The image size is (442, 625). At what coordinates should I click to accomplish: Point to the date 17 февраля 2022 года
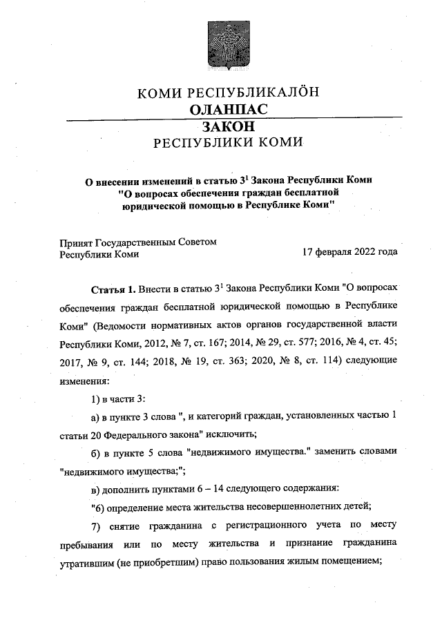point(350,253)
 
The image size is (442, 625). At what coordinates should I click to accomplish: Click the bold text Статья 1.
point(113,287)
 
